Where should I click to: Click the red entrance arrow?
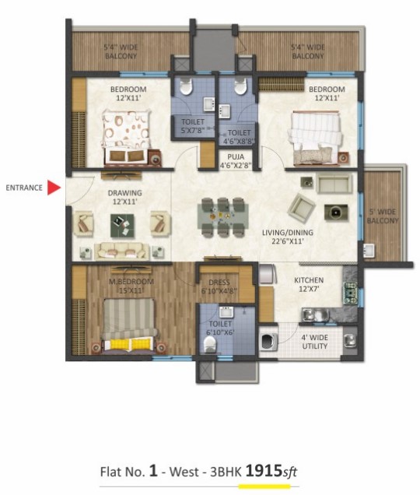click(x=53, y=188)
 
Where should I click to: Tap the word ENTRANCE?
click(x=24, y=188)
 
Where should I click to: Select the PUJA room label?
click(x=236, y=160)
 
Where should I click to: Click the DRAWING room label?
click(x=124, y=197)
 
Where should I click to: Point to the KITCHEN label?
click(x=309, y=284)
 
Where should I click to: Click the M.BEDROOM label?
click(x=131, y=286)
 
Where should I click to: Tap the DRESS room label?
click(x=219, y=286)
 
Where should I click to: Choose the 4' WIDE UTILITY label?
click(x=314, y=342)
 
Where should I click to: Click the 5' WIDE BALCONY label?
click(x=383, y=216)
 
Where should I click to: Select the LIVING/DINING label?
click(x=288, y=237)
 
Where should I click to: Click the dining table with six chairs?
click(x=222, y=217)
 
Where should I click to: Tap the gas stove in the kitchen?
click(x=350, y=293)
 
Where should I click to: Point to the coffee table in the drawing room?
click(x=122, y=226)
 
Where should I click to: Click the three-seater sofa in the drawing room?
click(x=122, y=251)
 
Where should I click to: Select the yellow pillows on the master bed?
click(x=131, y=344)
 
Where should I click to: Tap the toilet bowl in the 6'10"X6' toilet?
click(x=210, y=345)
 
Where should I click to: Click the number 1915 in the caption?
click(x=264, y=471)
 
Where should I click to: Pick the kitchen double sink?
click(x=314, y=314)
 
